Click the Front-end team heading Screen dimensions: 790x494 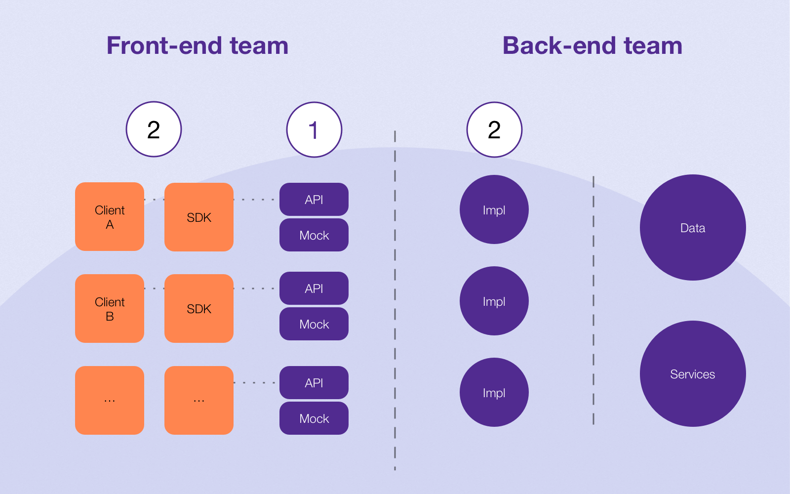(x=197, y=46)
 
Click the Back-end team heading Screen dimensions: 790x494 (x=592, y=46)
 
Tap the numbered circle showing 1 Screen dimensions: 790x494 (x=314, y=129)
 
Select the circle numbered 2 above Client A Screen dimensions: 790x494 (x=154, y=129)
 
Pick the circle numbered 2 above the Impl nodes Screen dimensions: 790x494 (x=494, y=129)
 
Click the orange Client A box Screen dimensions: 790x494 (x=110, y=217)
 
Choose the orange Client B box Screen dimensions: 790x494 (x=110, y=308)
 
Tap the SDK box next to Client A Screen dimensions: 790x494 (x=199, y=217)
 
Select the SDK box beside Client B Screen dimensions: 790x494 (x=199, y=308)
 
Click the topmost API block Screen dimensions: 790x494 (x=314, y=200)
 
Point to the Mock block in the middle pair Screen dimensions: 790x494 (x=314, y=324)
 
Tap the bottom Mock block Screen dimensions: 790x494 (x=314, y=418)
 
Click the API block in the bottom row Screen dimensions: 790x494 (x=314, y=382)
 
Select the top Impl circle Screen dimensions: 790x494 (x=494, y=209)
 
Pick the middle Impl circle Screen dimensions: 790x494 (x=494, y=301)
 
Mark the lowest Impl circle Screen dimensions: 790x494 (x=494, y=392)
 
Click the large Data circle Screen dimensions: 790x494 (x=693, y=228)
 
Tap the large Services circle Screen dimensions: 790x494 (x=693, y=373)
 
